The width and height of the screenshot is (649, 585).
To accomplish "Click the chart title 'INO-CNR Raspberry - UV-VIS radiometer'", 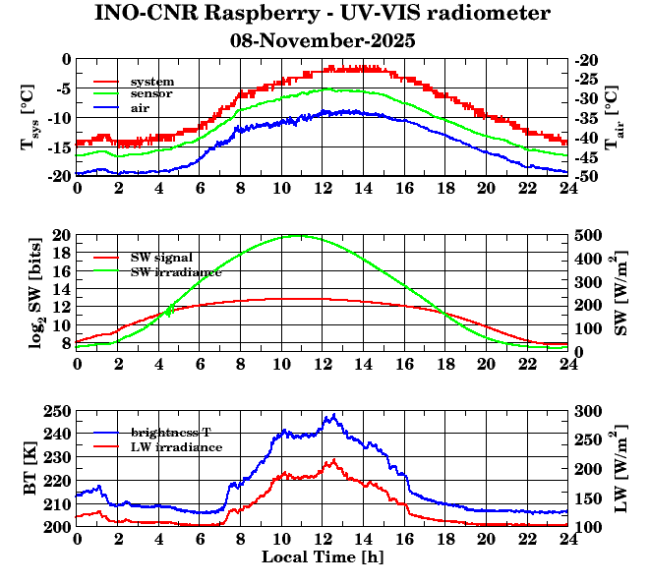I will [x=323, y=14].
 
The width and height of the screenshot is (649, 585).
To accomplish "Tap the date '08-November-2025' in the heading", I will [x=323, y=41].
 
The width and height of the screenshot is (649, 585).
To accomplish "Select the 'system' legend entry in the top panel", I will [x=151, y=81].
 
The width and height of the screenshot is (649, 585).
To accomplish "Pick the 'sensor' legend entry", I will [x=151, y=93].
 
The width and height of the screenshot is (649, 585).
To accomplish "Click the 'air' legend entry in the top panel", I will [x=140, y=107].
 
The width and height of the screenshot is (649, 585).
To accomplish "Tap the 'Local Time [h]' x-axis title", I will [x=322, y=556].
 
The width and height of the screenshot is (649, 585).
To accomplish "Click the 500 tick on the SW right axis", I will [x=587, y=236].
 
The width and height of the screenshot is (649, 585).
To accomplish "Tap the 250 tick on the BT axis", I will [x=58, y=411].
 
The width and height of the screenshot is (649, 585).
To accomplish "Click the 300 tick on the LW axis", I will [x=587, y=411].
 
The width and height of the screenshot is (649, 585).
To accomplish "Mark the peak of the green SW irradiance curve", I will [x=302, y=236].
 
